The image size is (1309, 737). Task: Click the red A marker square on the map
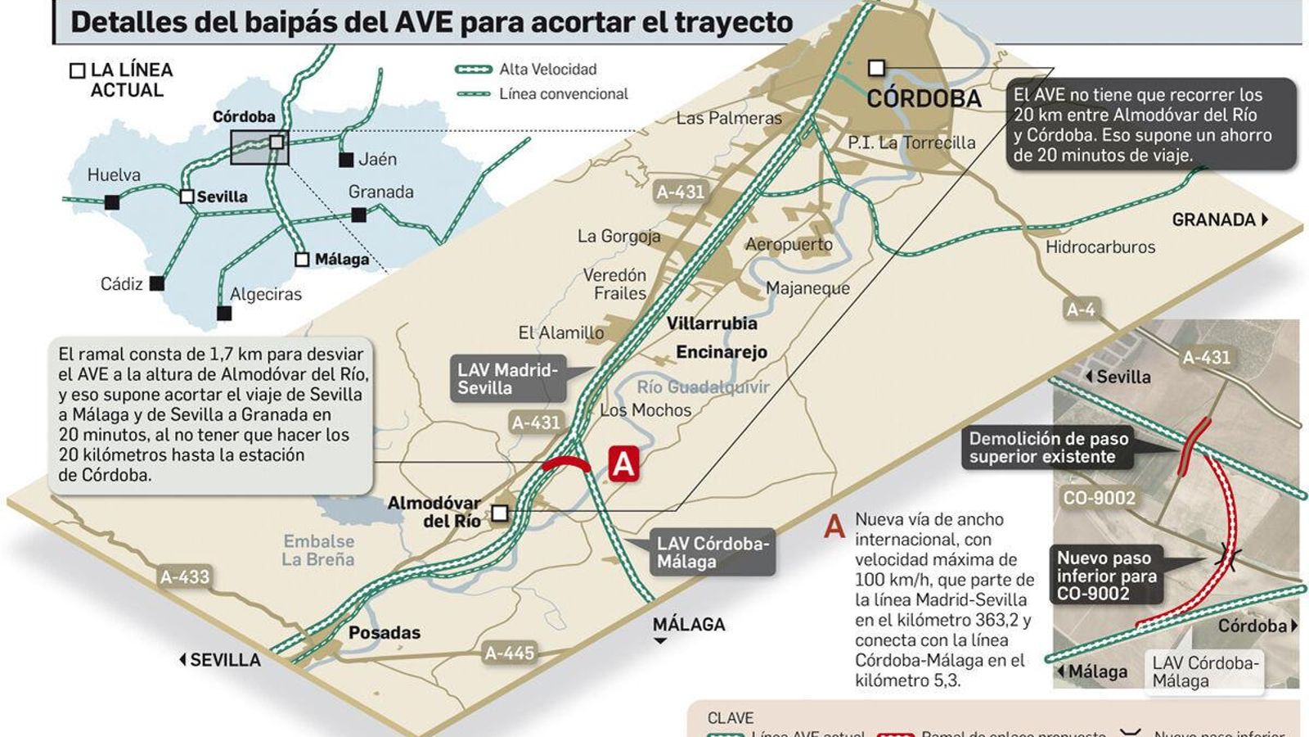click(623, 464)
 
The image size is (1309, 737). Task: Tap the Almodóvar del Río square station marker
click(500, 513)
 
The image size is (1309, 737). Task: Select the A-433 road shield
click(185, 576)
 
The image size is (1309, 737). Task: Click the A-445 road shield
click(509, 653)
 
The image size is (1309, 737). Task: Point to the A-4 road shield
click(1080, 310)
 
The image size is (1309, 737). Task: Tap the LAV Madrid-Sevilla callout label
click(507, 379)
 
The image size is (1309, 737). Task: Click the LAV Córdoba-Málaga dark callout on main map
click(713, 553)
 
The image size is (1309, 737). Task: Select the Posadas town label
click(384, 632)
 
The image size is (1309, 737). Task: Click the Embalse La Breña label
click(318, 550)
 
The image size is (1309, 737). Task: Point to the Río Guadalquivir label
click(703, 387)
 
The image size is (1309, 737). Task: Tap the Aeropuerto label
click(789, 244)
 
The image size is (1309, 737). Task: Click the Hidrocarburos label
click(1100, 246)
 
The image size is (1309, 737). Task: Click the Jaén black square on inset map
click(346, 160)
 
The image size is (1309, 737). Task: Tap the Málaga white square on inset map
click(302, 260)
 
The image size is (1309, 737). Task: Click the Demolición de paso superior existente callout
click(1048, 448)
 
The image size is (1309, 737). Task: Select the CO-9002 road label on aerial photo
click(1099, 498)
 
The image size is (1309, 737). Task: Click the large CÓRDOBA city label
click(924, 99)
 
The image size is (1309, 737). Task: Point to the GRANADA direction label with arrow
click(1219, 219)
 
